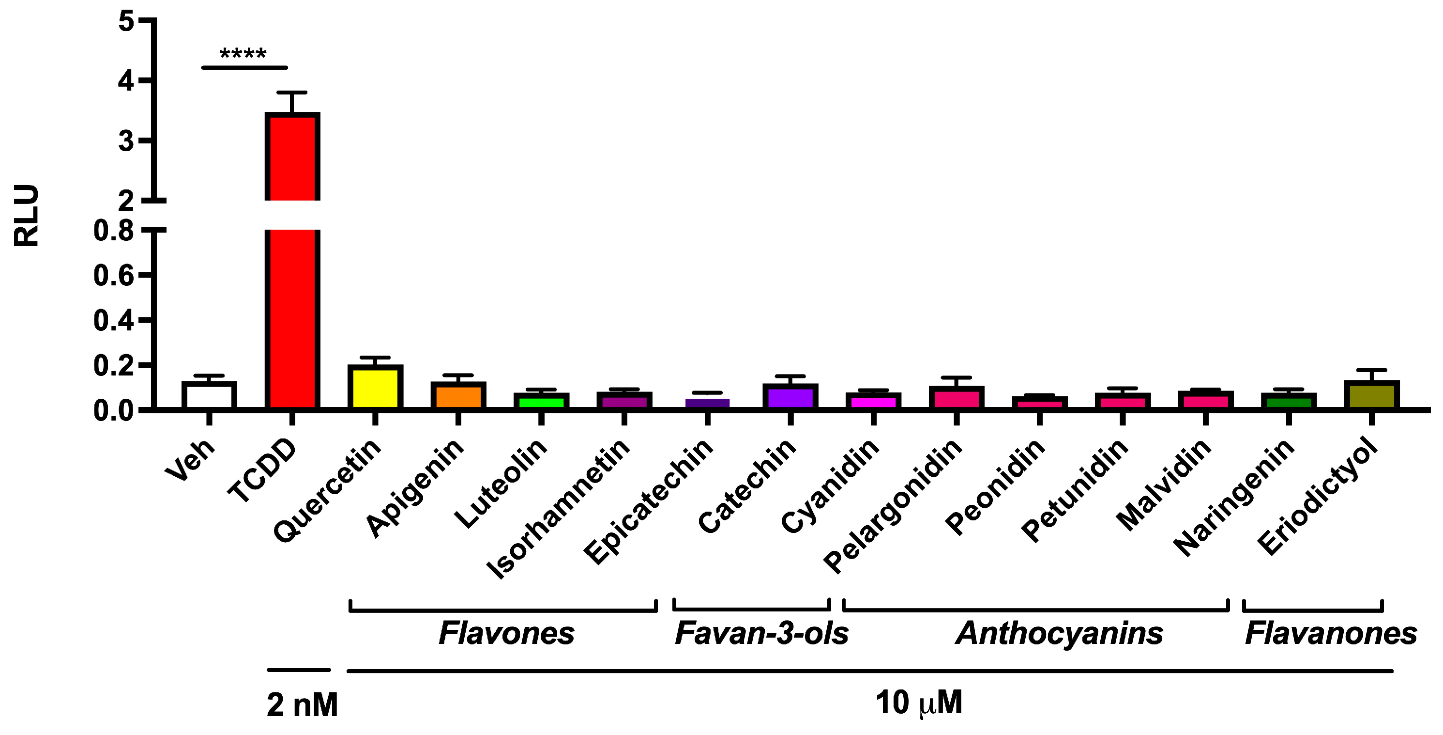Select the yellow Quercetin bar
click(375, 387)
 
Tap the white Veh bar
click(209, 395)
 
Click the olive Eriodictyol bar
click(1371, 395)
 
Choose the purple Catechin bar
click(790, 396)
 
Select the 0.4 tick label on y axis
click(114, 320)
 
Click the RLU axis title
click(26, 215)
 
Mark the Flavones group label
click(506, 634)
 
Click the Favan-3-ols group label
click(761, 634)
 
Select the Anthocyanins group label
click(1059, 634)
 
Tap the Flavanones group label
click(1330, 634)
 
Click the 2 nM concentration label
click(302, 705)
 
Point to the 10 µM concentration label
click(919, 703)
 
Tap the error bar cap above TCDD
click(292, 92)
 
